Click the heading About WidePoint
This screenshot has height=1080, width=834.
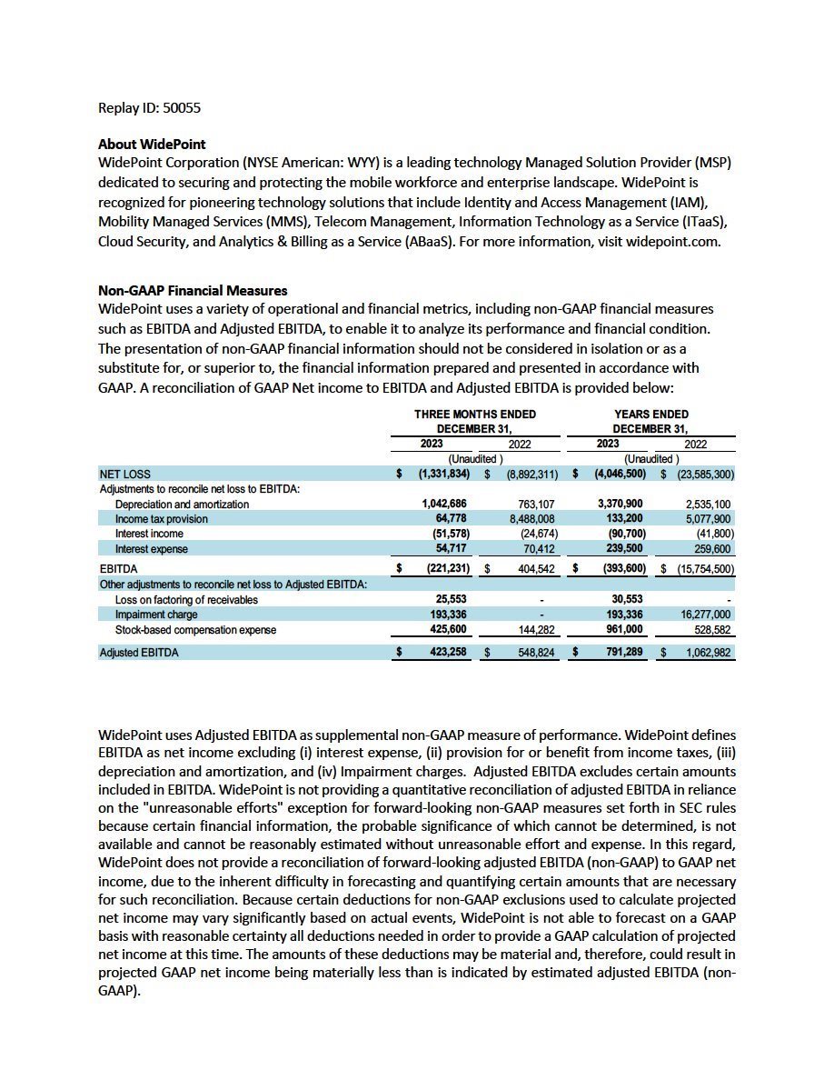pyautogui.click(x=152, y=144)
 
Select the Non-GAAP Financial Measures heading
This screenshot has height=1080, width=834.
pyautogui.click(x=193, y=291)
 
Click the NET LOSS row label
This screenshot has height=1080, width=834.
pyautogui.click(x=125, y=474)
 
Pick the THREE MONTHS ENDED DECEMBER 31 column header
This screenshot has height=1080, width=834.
pyautogui.click(x=475, y=421)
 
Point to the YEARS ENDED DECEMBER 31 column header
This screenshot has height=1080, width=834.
pyautogui.click(x=650, y=421)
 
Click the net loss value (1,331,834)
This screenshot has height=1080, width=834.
pyautogui.click(x=443, y=474)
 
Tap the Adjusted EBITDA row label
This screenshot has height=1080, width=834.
pyautogui.click(x=139, y=652)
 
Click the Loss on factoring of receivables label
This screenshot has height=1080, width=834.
pyautogui.click(x=186, y=600)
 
